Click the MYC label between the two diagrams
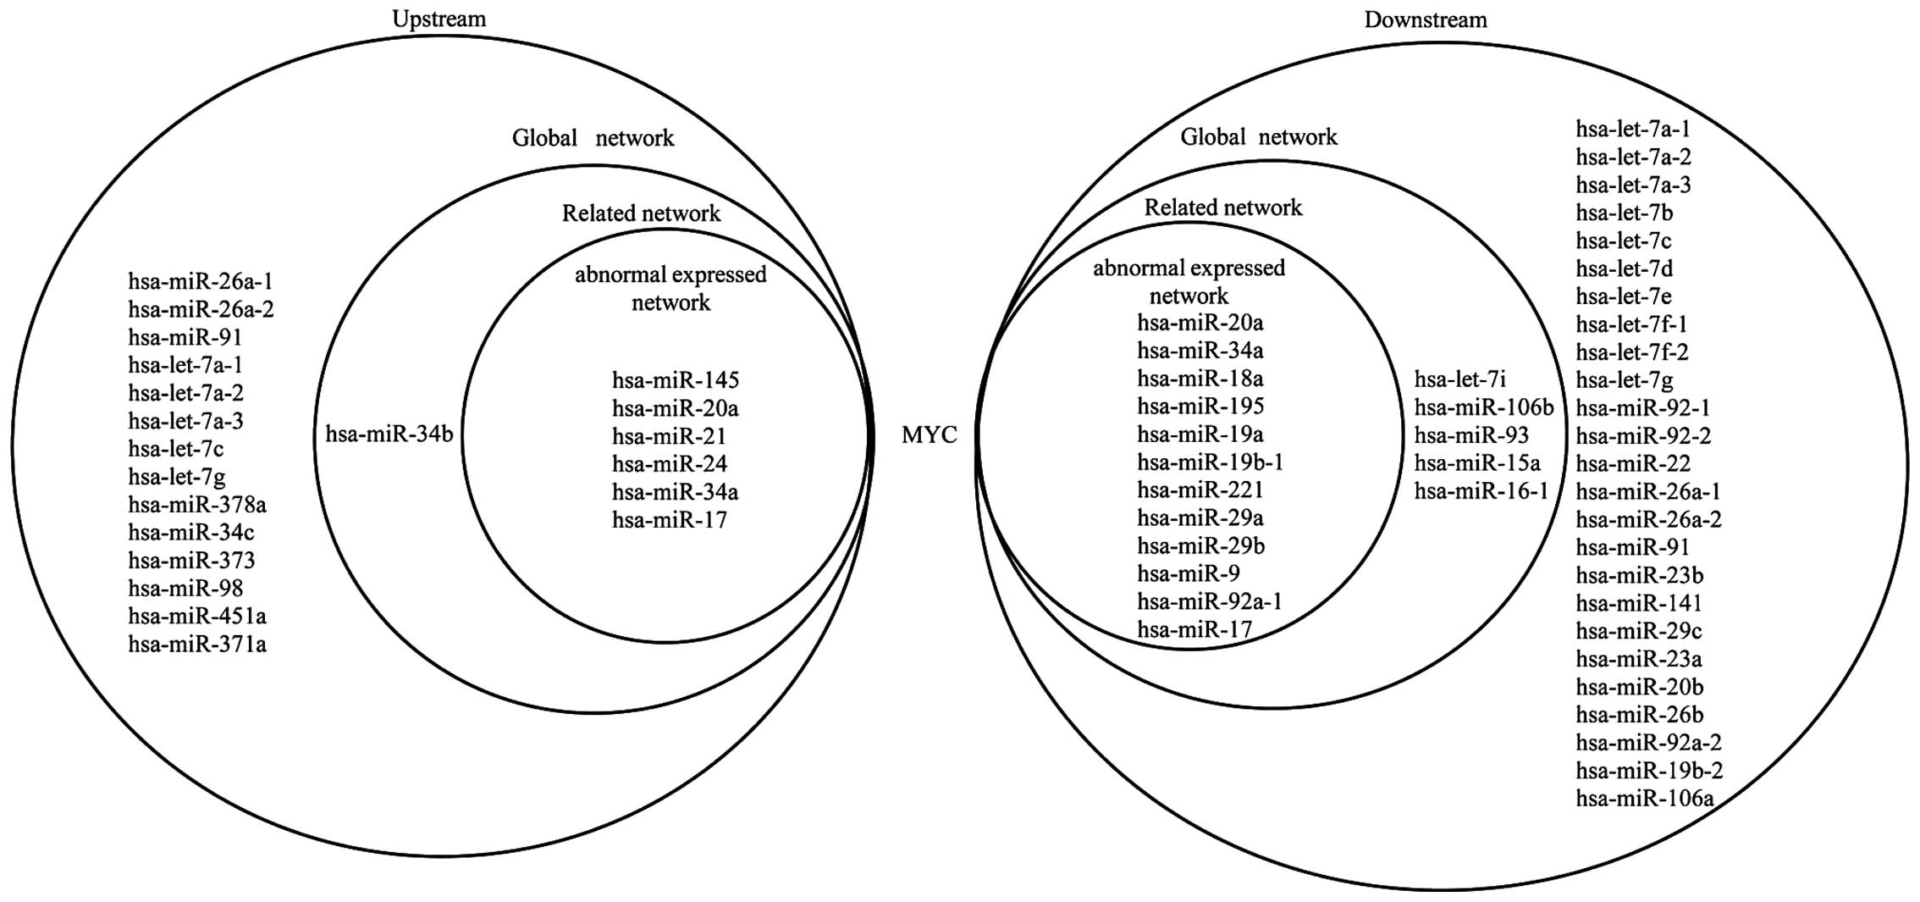pos(929,435)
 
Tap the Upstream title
pos(439,18)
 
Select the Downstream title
pos(1425,19)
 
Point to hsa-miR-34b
pos(389,435)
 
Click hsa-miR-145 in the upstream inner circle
pos(676,380)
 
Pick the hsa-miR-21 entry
pos(669,436)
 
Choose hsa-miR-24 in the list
pos(669,464)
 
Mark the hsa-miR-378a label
pos(197,505)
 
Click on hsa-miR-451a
pos(197,617)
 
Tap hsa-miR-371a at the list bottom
pos(197,645)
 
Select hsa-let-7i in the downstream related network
pos(1460,379)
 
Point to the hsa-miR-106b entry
pos(1484,407)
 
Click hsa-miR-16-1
pos(1481,491)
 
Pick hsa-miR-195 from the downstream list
pos(1200,407)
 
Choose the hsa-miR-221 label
pos(1200,490)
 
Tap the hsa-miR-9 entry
pos(1189,574)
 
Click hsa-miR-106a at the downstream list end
pos(1644,798)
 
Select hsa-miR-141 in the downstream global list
pos(1638,603)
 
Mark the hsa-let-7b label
pos(1624,213)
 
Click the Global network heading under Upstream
pos(593,138)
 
